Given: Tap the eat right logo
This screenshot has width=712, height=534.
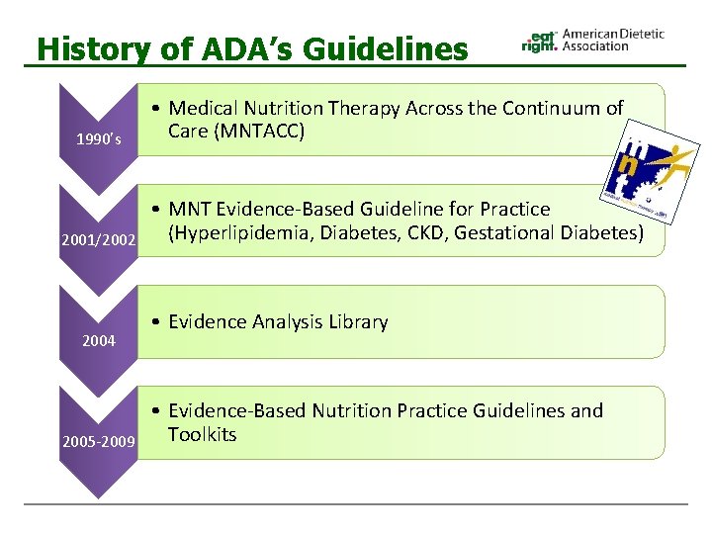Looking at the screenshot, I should coord(539,40).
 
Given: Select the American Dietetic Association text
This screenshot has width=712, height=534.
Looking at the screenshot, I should coord(612,40).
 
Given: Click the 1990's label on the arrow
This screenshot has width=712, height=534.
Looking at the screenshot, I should coord(99,139).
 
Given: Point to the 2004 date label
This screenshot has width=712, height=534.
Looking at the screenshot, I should coord(99,341).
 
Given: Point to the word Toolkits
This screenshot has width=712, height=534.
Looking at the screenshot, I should coord(202,434).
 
